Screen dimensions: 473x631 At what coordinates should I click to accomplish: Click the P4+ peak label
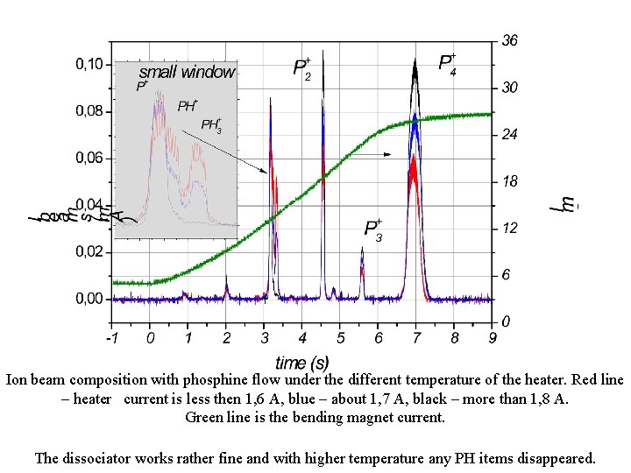coord(447,64)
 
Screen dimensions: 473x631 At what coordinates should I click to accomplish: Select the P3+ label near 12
coord(373,229)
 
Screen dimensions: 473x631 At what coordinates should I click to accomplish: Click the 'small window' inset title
coord(188,73)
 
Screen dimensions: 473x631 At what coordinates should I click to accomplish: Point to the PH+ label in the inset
coord(188,106)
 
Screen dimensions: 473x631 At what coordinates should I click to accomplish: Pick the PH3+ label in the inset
coord(211,125)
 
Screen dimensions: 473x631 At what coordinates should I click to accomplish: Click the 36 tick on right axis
coord(509,41)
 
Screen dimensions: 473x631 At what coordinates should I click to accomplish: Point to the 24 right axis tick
coord(509,135)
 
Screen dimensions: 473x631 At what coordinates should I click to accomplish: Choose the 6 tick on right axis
coord(506,275)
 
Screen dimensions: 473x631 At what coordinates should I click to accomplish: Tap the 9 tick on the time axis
coord(493,337)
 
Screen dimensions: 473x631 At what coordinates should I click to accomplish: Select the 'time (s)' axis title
coord(302,362)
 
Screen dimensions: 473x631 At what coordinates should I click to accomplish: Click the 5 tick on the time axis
coord(341,337)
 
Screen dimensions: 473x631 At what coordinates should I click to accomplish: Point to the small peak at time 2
coord(226,284)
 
